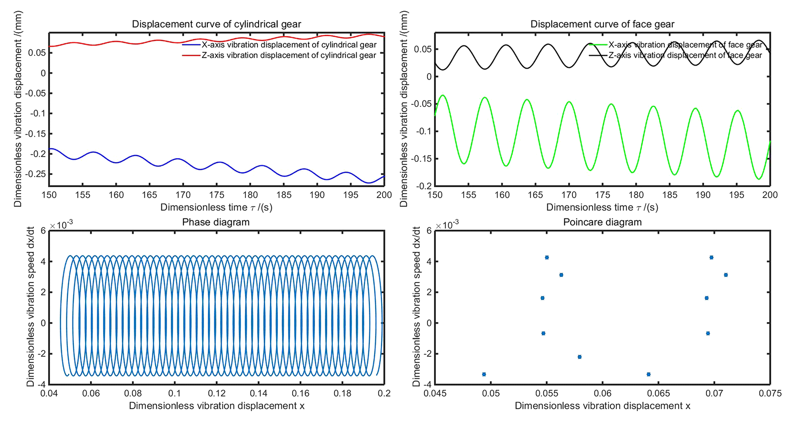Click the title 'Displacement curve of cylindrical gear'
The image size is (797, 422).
(216, 24)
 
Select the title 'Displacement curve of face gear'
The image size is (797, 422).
(602, 24)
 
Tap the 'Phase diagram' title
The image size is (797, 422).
(216, 222)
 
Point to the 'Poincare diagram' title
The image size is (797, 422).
(602, 222)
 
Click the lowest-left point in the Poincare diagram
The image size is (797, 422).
(484, 374)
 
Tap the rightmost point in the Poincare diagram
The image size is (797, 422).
(726, 275)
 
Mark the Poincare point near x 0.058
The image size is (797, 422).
(579, 357)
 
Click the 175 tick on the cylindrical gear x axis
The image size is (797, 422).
(217, 195)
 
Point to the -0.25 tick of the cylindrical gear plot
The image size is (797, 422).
(35, 174)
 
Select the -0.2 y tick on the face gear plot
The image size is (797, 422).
(424, 186)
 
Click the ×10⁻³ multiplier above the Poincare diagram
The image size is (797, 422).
(447, 225)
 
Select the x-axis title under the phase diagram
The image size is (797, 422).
(217, 406)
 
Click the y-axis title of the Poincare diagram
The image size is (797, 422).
(416, 307)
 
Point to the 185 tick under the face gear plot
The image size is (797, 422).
(669, 195)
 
